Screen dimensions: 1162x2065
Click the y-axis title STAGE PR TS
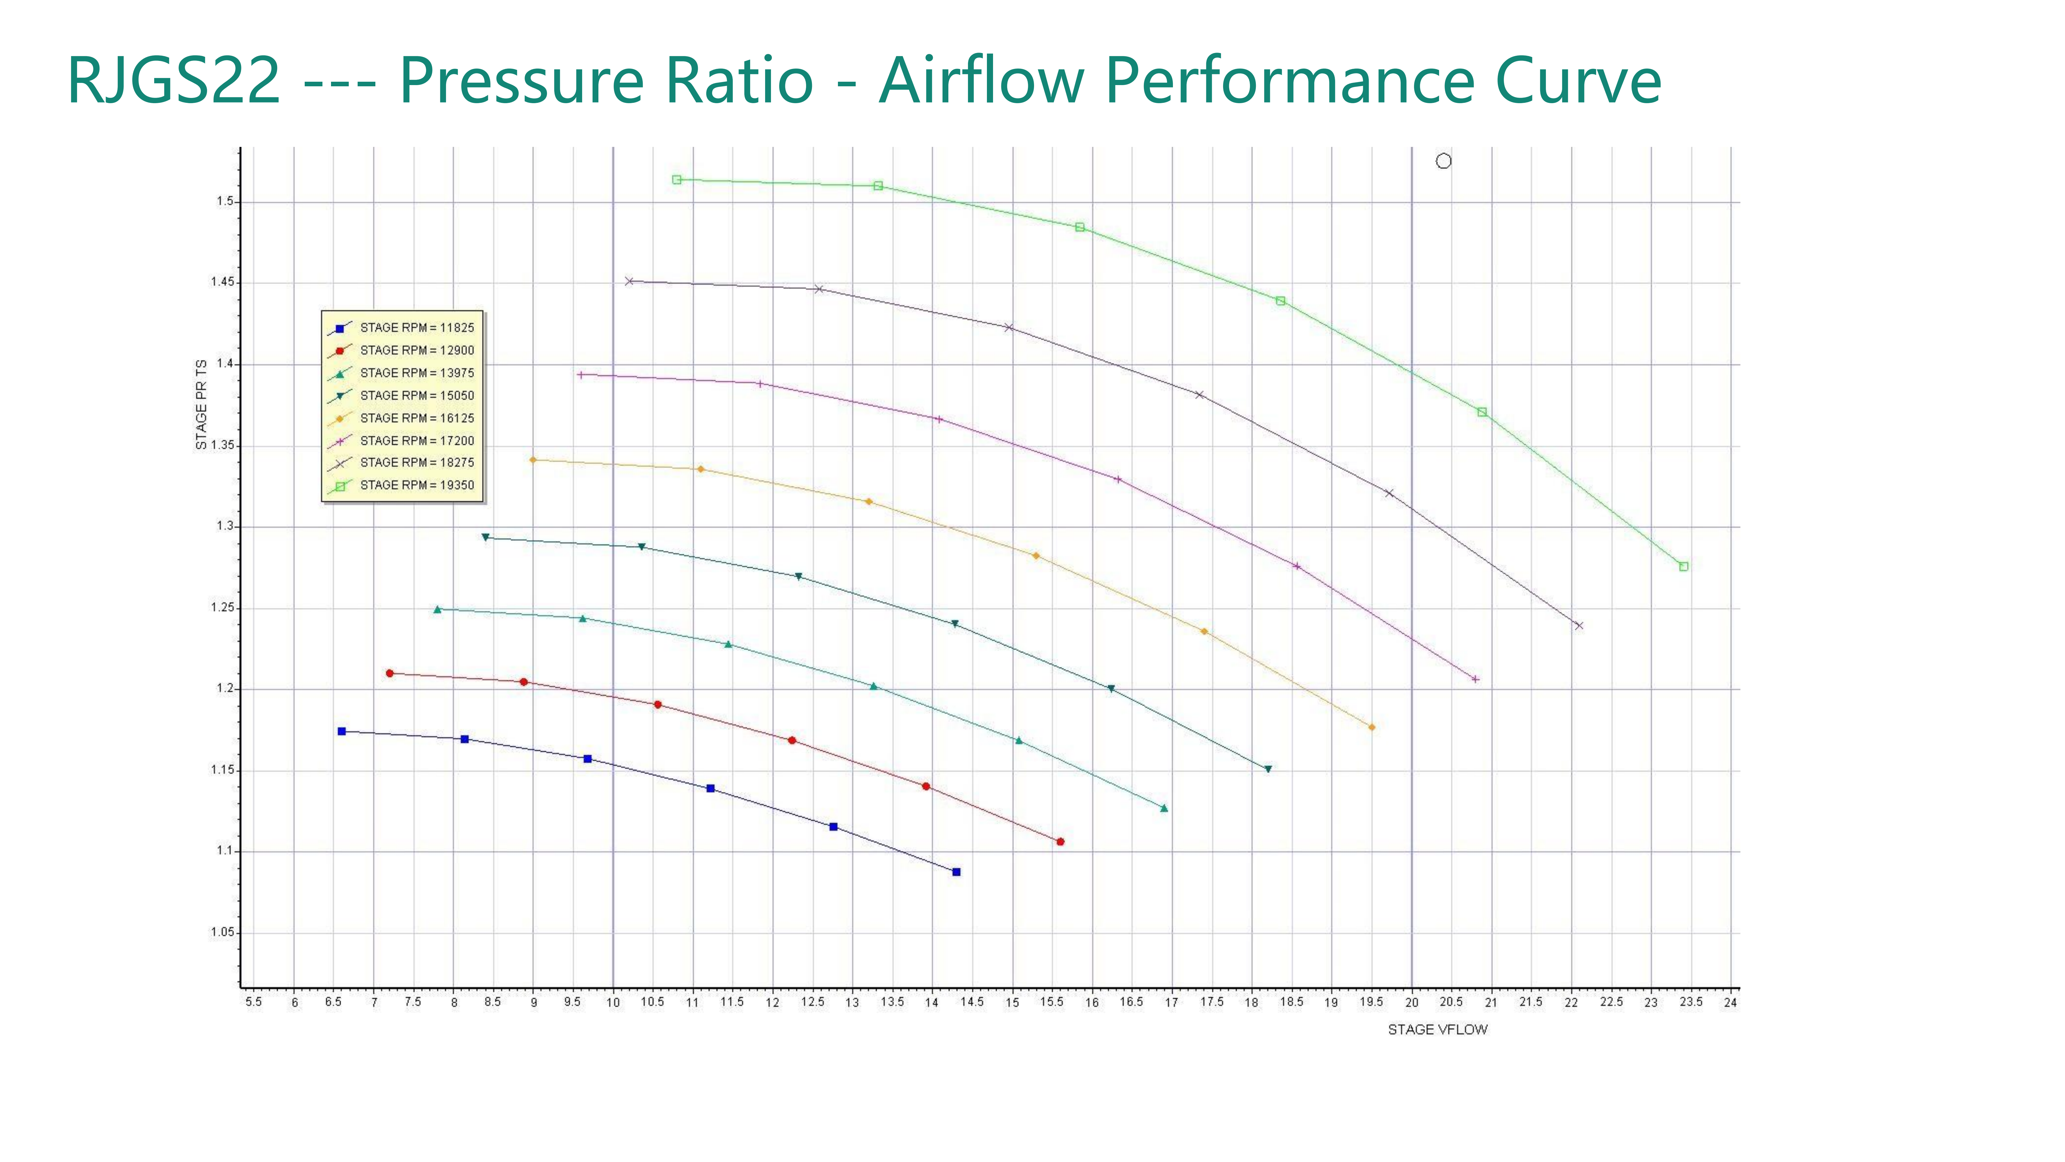pos(201,404)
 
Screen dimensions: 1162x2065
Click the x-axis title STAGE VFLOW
pos(1437,1030)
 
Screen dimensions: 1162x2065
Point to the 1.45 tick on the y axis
pos(223,282)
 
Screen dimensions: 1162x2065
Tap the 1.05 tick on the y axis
pos(223,932)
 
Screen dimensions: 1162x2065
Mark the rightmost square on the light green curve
pos(1684,566)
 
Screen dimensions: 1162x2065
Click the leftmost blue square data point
pos(341,731)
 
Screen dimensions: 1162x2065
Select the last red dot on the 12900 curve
pos(1061,842)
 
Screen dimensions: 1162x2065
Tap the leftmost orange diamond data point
pos(533,460)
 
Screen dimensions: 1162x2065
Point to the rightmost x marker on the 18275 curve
pos(1578,626)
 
